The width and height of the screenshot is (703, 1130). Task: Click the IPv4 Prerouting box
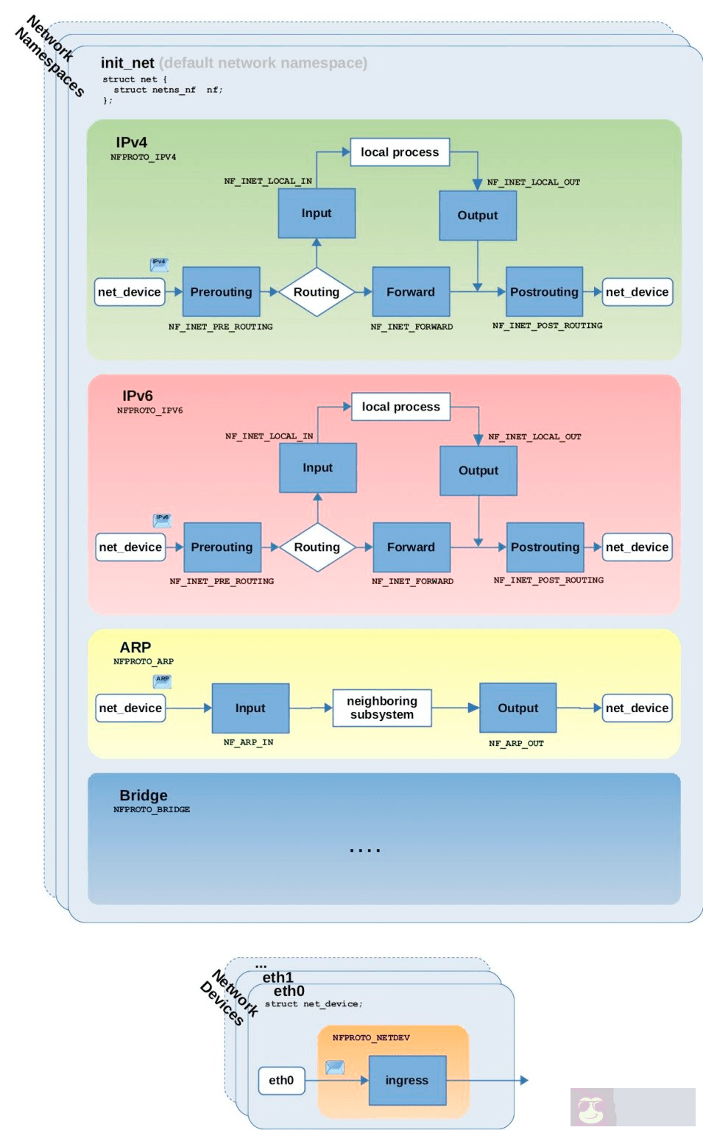click(221, 292)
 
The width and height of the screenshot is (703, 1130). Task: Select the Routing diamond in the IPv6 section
click(317, 547)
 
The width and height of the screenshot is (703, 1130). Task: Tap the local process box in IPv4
click(399, 152)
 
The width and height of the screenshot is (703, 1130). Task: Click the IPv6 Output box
click(478, 471)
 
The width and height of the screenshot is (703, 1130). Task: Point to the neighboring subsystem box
click(381, 708)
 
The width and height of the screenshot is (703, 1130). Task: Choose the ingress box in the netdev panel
click(407, 1080)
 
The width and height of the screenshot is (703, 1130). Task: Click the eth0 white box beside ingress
click(281, 1080)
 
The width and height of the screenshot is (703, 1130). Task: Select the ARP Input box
click(250, 708)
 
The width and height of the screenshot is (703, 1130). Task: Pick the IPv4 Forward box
click(411, 292)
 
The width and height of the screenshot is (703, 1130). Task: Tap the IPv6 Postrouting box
click(545, 547)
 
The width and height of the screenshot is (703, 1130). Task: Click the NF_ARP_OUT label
click(516, 743)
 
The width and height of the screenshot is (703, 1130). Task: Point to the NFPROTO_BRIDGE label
click(152, 809)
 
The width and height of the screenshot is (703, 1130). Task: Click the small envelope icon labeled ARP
click(162, 681)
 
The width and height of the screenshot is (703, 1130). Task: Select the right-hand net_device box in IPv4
click(637, 292)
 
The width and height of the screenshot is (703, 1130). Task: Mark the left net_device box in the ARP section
click(130, 708)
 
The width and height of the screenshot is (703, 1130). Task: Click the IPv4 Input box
click(317, 213)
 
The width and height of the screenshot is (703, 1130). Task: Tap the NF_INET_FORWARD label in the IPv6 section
click(412, 581)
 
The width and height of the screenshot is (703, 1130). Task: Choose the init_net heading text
click(127, 63)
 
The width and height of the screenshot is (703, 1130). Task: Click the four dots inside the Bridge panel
click(365, 850)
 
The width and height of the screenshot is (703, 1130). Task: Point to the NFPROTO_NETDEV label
click(371, 1037)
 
